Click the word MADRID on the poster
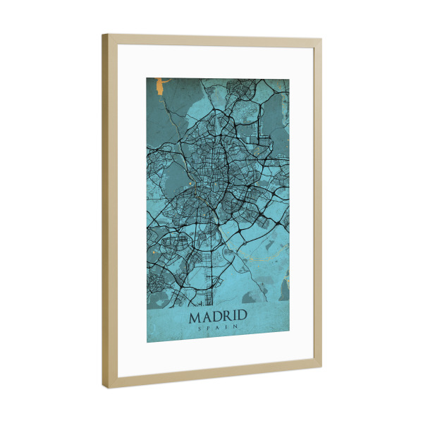pos(218,317)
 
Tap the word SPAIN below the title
pos(218,329)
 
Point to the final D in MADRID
pos(241,317)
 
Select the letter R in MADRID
pos(226,317)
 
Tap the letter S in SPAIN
pos(200,329)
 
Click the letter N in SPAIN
pos(235,329)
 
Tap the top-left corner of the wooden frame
pos(103,35)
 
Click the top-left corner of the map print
pos(147,78)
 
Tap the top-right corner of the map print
pos(289,79)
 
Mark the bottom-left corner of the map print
pos(147,343)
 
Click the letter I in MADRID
pos(234,317)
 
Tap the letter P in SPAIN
pos(209,329)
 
